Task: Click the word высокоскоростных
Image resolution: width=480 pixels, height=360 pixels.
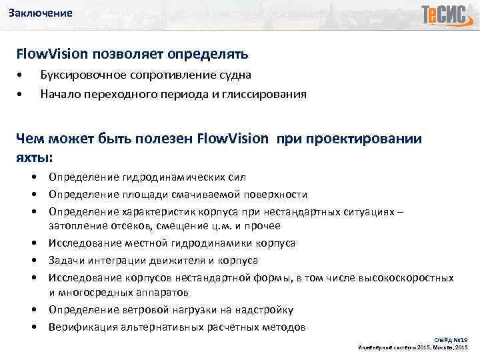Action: pyautogui.click(x=407, y=277)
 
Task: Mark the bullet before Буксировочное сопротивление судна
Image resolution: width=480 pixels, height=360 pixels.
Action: pyautogui.click(x=22, y=75)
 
